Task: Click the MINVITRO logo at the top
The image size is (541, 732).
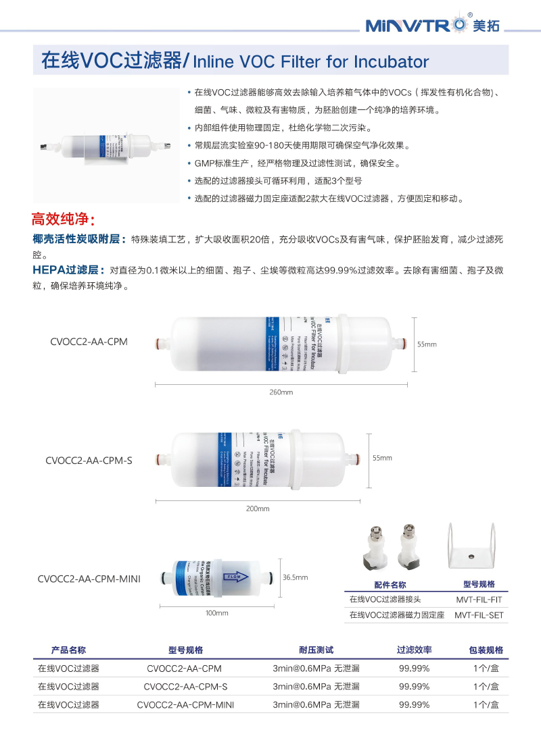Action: tap(433, 26)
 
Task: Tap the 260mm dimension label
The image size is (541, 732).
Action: tap(281, 392)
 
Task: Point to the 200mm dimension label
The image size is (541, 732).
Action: tap(258, 508)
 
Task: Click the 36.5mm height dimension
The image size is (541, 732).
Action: tap(295, 577)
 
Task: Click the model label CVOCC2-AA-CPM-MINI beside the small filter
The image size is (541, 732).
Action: tap(89, 579)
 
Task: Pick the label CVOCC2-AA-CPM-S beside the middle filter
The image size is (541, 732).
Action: tap(89, 461)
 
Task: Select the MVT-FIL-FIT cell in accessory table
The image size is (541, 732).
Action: tap(479, 599)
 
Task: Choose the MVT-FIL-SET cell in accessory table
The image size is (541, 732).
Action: tap(479, 615)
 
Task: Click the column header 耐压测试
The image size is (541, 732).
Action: tap(316, 650)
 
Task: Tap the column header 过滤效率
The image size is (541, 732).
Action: tap(414, 650)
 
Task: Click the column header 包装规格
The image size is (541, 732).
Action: tap(486, 650)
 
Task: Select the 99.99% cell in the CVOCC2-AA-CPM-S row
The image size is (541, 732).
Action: tap(414, 686)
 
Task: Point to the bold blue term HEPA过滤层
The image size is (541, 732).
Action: tap(68, 269)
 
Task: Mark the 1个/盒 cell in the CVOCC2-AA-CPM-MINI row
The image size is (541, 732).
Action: tap(486, 704)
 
